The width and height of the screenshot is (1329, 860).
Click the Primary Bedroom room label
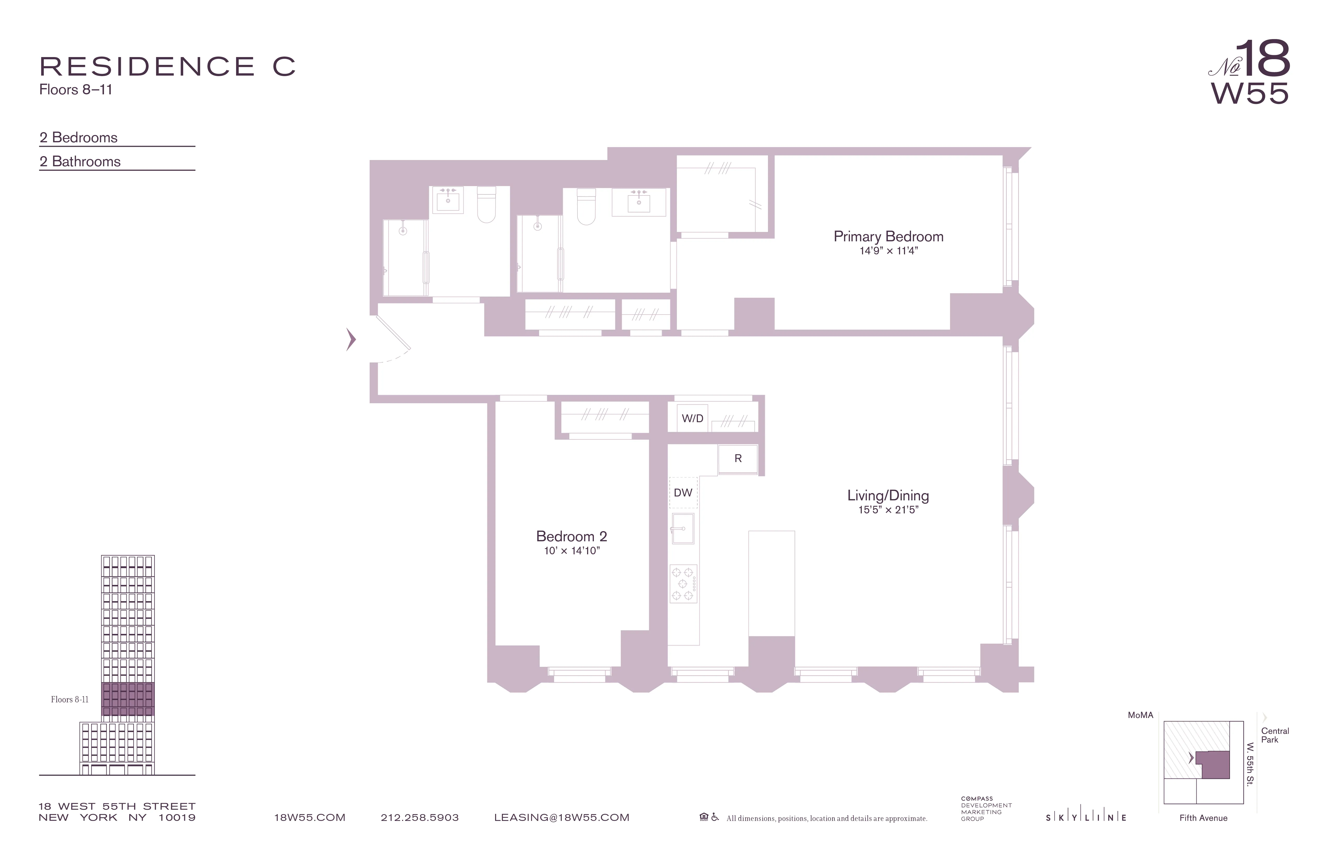pyautogui.click(x=888, y=237)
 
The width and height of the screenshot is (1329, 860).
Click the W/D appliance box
pyautogui.click(x=692, y=418)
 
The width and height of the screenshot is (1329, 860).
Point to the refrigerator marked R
pyautogui.click(x=738, y=458)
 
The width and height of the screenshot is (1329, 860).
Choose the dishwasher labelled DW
pyautogui.click(x=683, y=493)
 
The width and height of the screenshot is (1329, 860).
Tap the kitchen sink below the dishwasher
pyautogui.click(x=682, y=528)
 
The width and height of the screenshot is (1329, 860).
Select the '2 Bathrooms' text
pyautogui.click(x=80, y=161)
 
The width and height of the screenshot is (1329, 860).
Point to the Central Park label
pyautogui.click(x=1275, y=735)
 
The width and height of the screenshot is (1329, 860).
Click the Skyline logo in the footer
pyautogui.click(x=1086, y=818)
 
